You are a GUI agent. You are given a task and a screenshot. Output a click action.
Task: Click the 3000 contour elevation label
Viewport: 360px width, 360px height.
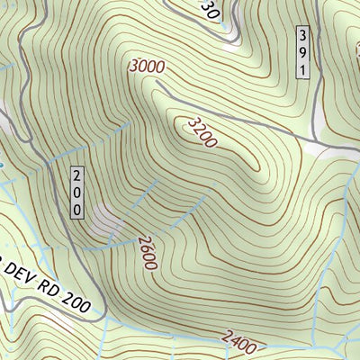point(148,67)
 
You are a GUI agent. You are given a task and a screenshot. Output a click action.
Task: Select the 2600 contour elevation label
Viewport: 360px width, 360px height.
point(148,254)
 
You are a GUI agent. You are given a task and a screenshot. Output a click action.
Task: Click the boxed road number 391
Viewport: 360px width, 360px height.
point(303,52)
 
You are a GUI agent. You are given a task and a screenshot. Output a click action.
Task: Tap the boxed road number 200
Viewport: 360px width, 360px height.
point(77,192)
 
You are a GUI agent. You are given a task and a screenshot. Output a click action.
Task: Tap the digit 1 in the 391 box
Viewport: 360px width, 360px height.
point(303,69)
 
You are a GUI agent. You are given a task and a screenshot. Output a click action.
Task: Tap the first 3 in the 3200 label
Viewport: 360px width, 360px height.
point(192,120)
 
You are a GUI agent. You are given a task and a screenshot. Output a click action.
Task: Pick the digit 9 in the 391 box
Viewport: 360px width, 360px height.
point(303,52)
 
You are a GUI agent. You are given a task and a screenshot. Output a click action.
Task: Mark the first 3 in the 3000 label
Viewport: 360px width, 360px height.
point(135,67)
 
